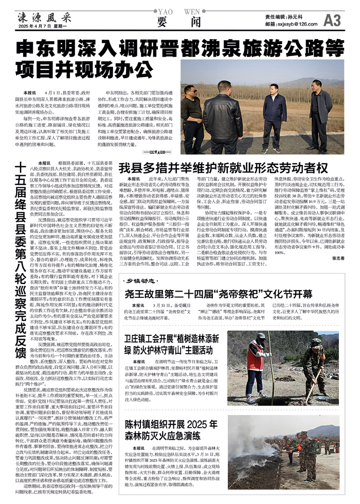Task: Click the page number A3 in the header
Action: click(x=333, y=20)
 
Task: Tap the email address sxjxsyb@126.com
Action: click(x=291, y=24)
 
